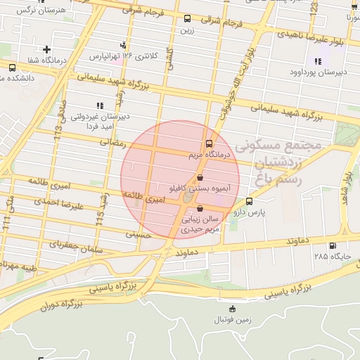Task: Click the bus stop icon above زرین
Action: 187,19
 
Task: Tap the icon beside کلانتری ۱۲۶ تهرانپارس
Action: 124,44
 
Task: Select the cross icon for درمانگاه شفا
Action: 46,50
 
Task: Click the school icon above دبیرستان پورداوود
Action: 317,61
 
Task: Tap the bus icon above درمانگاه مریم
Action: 207,143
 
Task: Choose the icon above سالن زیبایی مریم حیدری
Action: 201,209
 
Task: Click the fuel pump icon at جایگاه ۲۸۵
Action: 332,246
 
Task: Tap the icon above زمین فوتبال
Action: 232,309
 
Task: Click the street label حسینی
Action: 138,235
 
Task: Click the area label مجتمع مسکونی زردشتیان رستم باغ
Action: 279,162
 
